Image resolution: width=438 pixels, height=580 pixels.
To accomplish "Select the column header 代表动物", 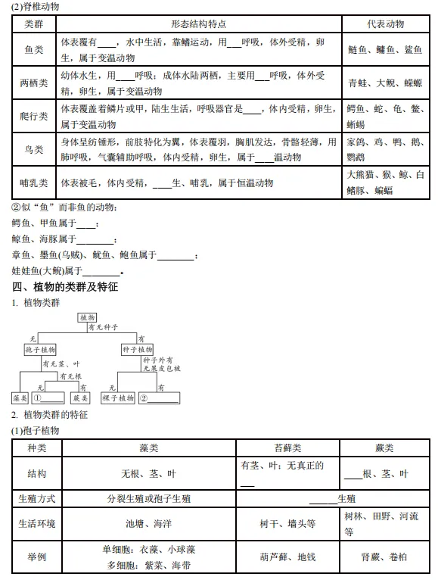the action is [385, 25].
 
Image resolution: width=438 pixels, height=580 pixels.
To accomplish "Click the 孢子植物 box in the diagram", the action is [40, 350].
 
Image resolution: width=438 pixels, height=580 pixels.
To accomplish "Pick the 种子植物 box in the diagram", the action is [137, 350].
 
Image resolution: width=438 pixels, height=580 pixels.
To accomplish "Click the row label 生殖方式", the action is [36, 499].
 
